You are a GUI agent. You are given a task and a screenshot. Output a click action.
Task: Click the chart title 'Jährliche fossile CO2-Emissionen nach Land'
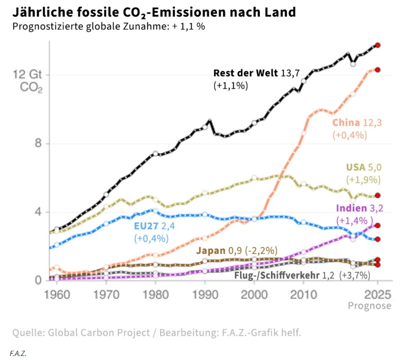(154, 12)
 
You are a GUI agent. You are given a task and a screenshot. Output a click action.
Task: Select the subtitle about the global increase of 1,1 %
(109, 26)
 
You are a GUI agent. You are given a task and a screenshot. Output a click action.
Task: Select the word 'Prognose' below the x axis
(369, 306)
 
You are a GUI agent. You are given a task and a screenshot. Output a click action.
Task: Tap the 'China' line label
(346, 123)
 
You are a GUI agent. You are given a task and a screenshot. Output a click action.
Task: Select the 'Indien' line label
(350, 208)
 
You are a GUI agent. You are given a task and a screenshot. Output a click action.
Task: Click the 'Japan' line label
(210, 251)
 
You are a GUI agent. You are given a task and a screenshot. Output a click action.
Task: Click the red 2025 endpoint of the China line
(378, 69)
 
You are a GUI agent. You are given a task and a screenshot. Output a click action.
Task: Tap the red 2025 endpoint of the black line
(378, 45)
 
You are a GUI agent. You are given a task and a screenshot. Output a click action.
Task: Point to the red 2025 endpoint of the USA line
(378, 195)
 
